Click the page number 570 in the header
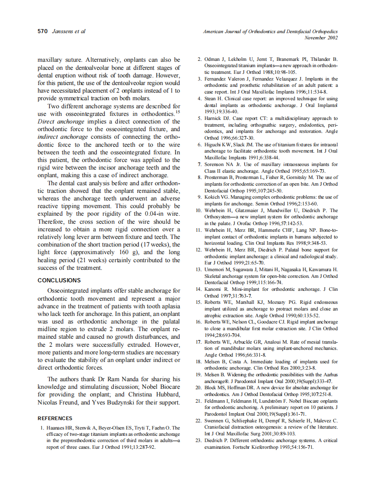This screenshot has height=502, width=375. tap(43, 31)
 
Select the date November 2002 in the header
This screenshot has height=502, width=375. tap(321, 38)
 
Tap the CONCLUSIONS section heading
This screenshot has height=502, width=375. tap(59, 280)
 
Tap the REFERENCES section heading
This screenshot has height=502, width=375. tap(55, 418)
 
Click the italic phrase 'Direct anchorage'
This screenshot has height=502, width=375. tap(61, 121)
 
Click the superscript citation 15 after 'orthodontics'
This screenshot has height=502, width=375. tap(178, 112)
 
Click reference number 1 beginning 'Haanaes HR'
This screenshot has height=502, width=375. tap(42, 428)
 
